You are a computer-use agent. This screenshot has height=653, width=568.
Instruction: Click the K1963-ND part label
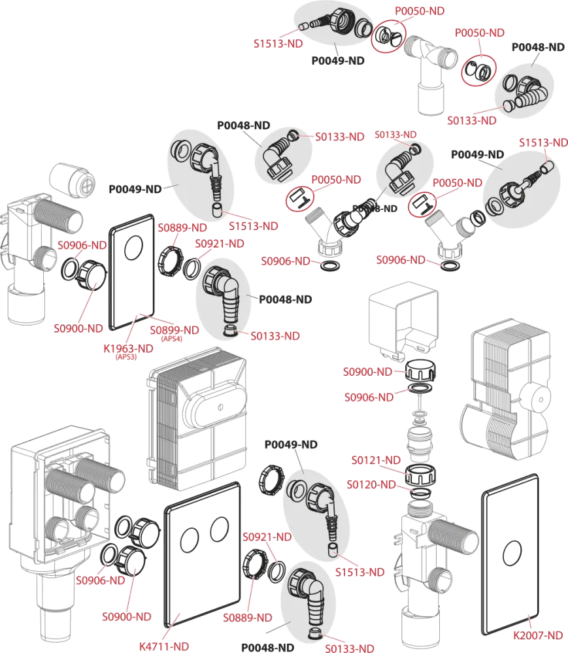coord(128,348)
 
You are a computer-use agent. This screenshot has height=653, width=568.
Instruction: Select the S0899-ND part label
coord(174,329)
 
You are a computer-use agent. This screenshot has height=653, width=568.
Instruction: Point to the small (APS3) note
coord(125,357)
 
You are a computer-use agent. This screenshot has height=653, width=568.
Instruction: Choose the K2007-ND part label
coord(538,635)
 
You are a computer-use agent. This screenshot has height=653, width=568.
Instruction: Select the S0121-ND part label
coord(375,460)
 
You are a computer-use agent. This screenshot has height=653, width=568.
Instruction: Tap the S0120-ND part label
coord(371,484)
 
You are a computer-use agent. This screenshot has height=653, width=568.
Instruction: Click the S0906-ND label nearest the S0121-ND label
coord(369,397)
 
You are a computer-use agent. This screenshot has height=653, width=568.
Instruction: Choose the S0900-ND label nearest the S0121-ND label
coord(368,371)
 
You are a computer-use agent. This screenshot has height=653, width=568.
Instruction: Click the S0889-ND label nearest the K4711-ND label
coord(247,617)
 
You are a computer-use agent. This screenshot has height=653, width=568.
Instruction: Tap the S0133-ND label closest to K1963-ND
coord(275,335)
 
